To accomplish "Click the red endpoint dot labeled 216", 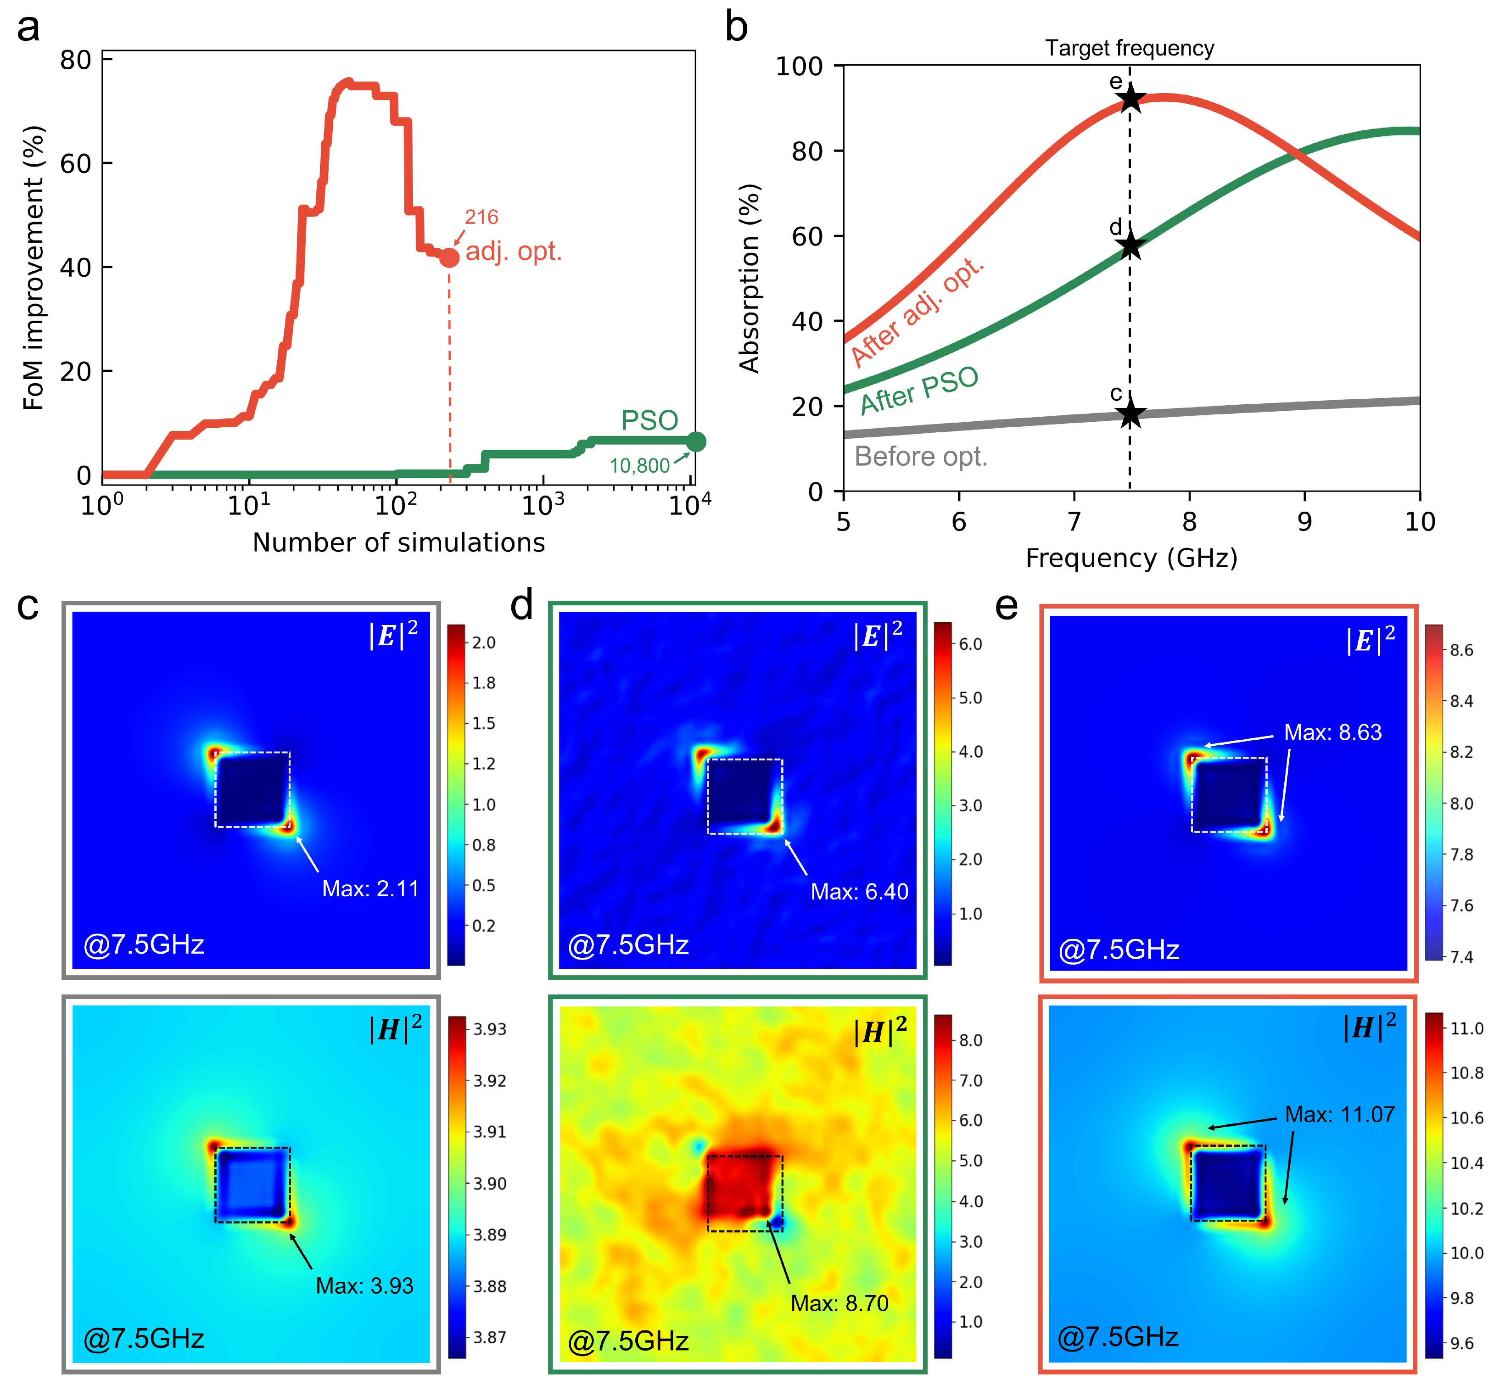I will [448, 258].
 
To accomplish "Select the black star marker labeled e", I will [1130, 99].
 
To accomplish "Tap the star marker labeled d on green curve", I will [1130, 246].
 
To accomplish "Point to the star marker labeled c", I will [1130, 413].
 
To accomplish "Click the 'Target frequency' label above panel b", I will [1129, 48].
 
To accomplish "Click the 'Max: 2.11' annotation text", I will [370, 889].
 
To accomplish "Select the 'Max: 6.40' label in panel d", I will [859, 892].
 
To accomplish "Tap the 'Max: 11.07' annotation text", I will [1340, 1114].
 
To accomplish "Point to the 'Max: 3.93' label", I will [364, 1286].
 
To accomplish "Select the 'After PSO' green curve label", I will [919, 391].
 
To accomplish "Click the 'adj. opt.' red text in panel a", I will [514, 251].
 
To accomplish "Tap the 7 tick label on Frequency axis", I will [1074, 522].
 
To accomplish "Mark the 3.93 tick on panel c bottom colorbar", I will [489, 1029].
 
